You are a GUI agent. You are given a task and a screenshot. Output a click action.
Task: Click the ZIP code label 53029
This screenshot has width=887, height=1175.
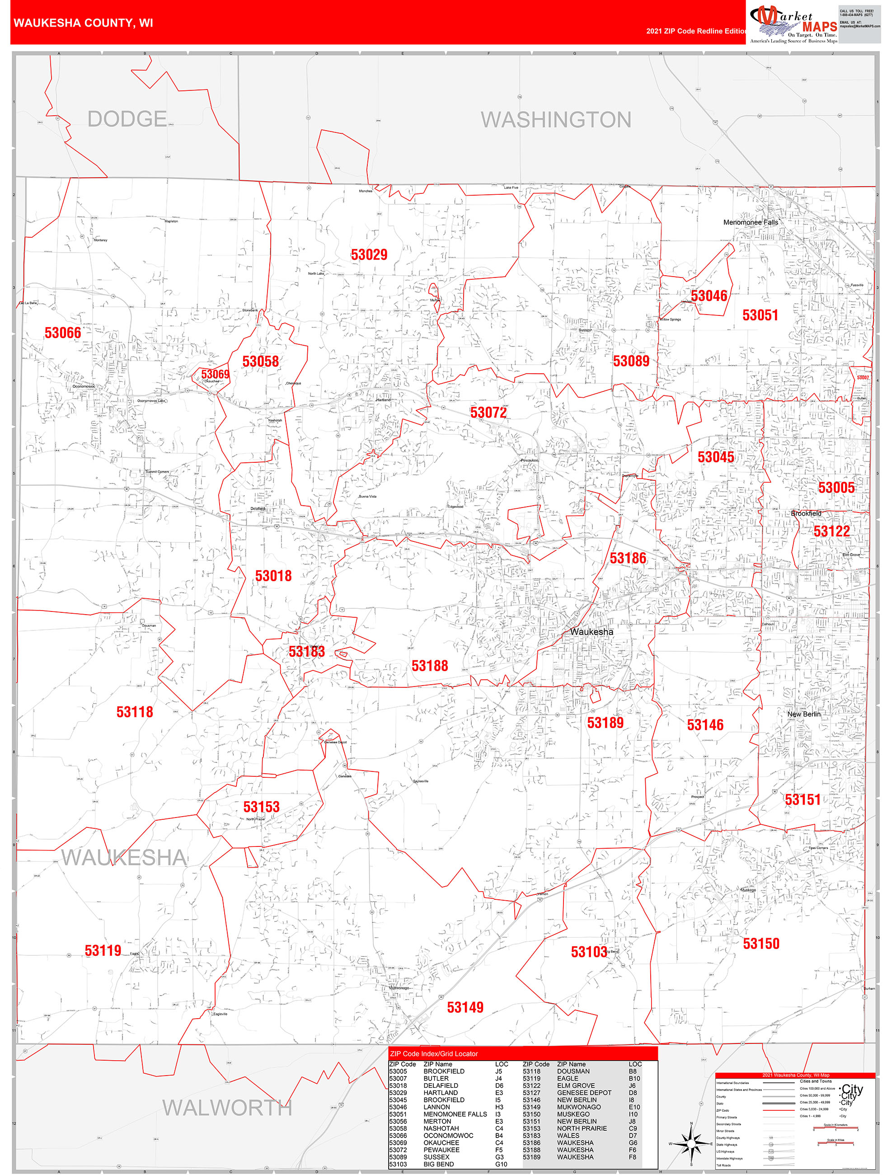pos(369,255)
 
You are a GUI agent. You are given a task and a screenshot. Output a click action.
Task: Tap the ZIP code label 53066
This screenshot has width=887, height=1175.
pos(63,333)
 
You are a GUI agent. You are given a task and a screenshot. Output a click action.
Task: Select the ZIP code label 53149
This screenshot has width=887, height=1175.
pos(465,1007)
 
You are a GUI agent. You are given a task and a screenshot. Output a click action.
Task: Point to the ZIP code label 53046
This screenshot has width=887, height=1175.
pos(709,296)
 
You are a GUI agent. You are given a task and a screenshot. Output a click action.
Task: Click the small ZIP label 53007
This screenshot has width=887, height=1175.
pos(863,378)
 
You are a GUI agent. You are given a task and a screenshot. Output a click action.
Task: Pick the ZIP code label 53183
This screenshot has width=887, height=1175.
pos(306,651)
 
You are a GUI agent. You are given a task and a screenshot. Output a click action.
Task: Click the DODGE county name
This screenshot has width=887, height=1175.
pos(127,119)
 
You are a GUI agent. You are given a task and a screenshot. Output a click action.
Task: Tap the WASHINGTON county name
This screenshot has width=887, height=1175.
pos(556,120)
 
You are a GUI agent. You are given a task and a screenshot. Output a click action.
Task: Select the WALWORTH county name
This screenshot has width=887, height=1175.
pos(227,1108)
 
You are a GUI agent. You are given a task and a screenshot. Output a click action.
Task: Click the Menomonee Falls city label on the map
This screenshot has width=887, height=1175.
pos(750,222)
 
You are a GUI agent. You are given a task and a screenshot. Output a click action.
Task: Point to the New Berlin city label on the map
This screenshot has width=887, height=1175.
pos(803,714)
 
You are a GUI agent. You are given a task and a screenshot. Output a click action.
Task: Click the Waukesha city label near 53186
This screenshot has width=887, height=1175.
pos(591,632)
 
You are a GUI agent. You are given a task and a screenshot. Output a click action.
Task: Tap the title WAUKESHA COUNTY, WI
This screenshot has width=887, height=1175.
pos(84,23)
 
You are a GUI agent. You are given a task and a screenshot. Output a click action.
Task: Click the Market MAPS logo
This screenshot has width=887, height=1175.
pos(793,24)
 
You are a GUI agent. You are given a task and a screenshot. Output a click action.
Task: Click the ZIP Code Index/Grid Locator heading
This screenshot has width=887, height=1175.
pos(434,1053)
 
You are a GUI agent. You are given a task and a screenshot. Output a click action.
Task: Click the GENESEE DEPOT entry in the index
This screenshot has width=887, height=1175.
pos(584,1093)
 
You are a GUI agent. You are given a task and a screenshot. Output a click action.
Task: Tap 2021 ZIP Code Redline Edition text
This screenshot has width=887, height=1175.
pos(696,31)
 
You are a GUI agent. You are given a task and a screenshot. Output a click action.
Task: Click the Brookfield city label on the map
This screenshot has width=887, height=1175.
pos(806,513)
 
